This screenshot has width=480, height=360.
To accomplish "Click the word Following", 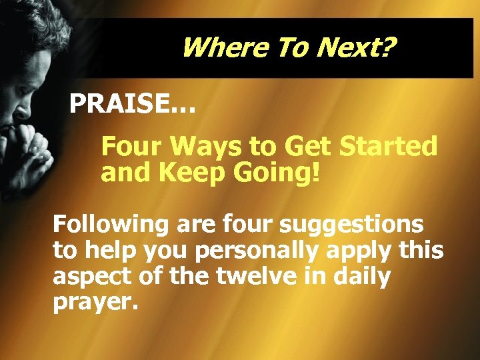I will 111,225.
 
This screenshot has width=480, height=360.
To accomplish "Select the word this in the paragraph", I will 425,251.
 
